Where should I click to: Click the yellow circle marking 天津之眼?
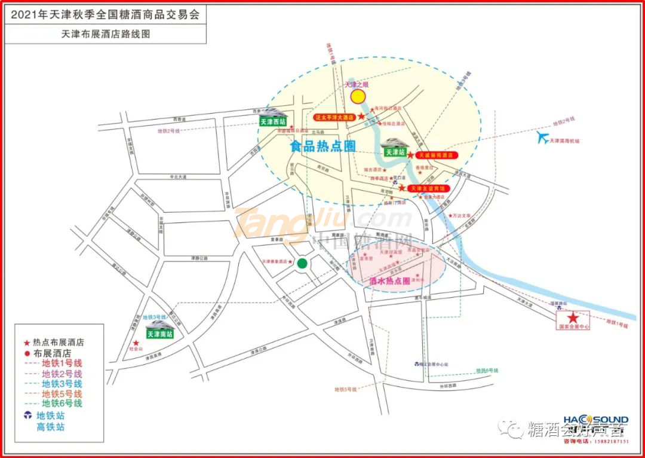pyautogui.click(x=357, y=97)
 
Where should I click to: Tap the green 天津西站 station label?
pyautogui.click(x=272, y=122)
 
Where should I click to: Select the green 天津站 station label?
pyautogui.click(x=394, y=152)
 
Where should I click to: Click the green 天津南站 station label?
pyautogui.click(x=159, y=334)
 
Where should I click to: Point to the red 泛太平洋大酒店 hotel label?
pyautogui.click(x=335, y=117)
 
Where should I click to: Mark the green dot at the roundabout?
pyautogui.click(x=302, y=262)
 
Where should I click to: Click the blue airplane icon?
pyautogui.click(x=542, y=138)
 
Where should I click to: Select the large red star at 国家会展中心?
pyautogui.click(x=573, y=318)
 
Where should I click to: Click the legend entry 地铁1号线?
pyautogui.click(x=62, y=363)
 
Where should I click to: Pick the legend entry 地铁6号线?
pyautogui.click(x=62, y=404)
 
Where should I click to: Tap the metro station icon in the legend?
pyautogui.click(x=27, y=416)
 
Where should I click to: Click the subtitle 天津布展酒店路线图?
pyautogui.click(x=106, y=34)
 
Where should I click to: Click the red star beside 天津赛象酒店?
pyautogui.click(x=291, y=262)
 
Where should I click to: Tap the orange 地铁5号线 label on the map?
pyautogui.click(x=345, y=389)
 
